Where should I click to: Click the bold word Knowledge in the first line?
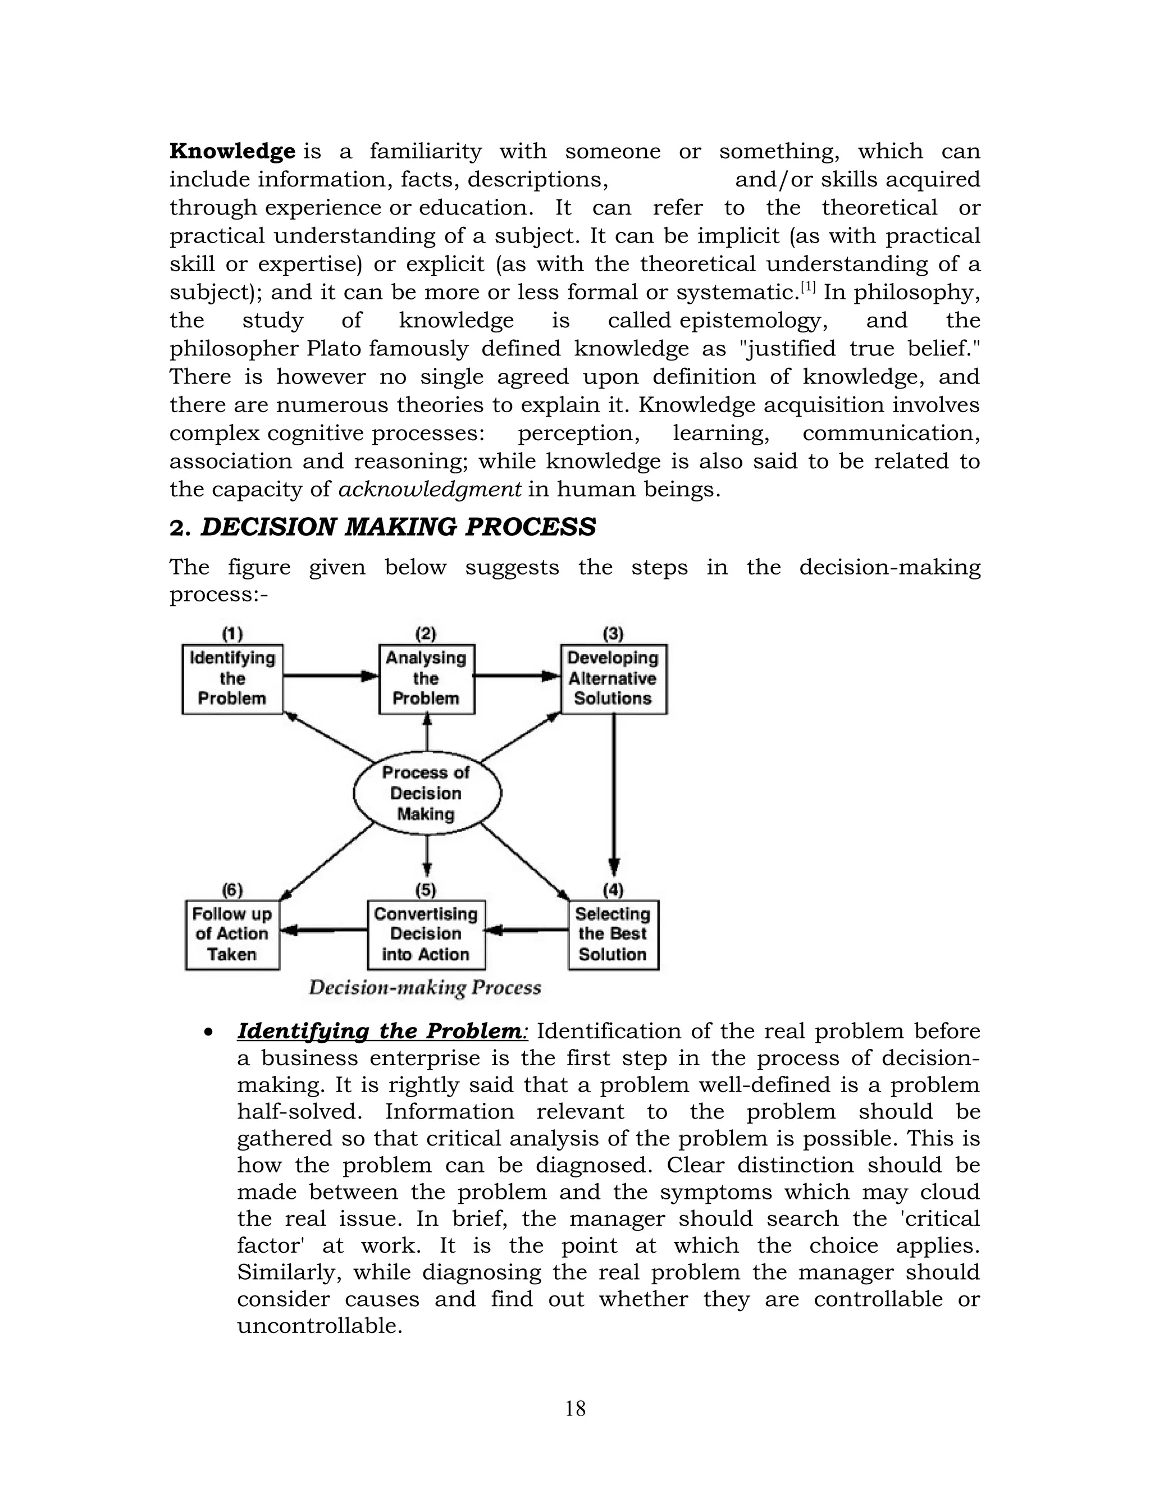[232, 151]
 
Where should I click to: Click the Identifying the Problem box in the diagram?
[232, 679]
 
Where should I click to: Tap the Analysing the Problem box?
[427, 679]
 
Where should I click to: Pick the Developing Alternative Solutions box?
[613, 679]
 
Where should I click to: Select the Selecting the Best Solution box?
[613, 934]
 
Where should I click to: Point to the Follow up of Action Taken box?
[232, 934]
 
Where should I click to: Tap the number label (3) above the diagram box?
[613, 633]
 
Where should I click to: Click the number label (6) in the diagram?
[232, 890]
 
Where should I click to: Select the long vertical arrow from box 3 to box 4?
[614, 794]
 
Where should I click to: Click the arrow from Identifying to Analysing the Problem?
[330, 676]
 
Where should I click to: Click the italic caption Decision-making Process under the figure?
[425, 988]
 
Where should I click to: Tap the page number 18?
[575, 1408]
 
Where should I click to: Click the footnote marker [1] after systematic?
[808, 287]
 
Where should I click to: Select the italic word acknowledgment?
[430, 490]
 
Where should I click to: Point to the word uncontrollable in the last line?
[319, 1326]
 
